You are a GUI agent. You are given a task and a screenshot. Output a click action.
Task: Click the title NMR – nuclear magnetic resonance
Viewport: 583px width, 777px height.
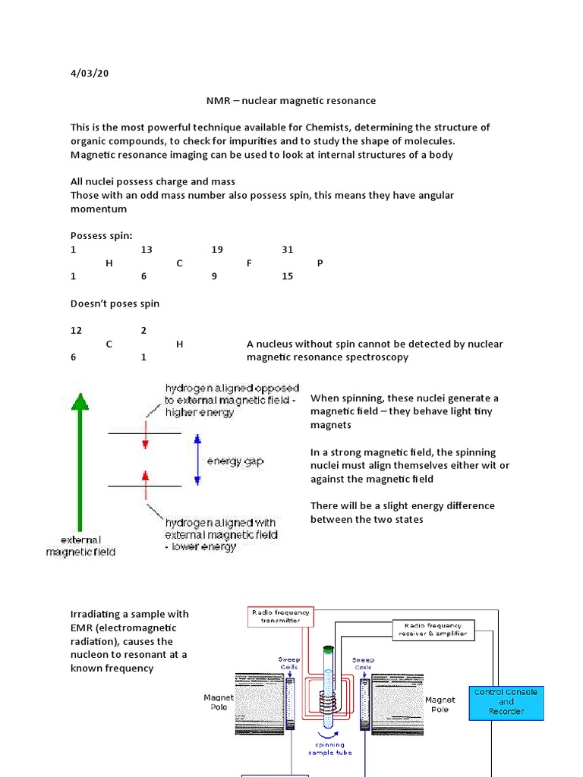click(291, 100)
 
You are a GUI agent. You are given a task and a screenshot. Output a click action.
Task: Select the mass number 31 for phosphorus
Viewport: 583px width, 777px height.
click(287, 250)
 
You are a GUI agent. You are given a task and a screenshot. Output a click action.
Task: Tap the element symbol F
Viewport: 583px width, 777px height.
click(249, 263)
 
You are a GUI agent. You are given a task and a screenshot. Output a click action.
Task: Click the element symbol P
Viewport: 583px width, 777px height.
click(320, 263)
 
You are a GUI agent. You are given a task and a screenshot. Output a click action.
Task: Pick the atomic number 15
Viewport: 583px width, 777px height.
click(287, 277)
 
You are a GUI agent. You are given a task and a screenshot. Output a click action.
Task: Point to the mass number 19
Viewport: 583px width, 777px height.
click(217, 250)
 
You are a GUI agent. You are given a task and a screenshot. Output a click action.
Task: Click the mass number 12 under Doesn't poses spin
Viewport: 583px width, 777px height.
click(76, 330)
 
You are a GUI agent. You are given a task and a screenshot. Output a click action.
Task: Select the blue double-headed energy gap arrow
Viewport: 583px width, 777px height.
click(197, 460)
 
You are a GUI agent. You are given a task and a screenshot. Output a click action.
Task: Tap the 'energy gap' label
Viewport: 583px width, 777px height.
click(235, 461)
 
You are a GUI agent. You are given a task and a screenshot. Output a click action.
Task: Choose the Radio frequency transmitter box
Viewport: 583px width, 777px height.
click(276, 615)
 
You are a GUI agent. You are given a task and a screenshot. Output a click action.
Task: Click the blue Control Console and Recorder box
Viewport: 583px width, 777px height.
click(506, 702)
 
